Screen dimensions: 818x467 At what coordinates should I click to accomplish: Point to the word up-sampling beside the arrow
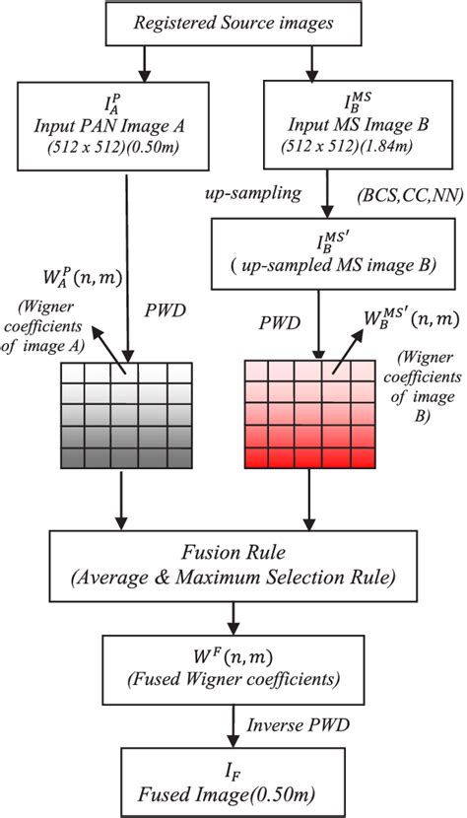[x=253, y=193]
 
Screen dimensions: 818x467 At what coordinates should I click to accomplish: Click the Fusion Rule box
[x=233, y=561]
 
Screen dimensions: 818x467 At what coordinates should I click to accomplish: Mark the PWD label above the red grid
[x=280, y=320]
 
